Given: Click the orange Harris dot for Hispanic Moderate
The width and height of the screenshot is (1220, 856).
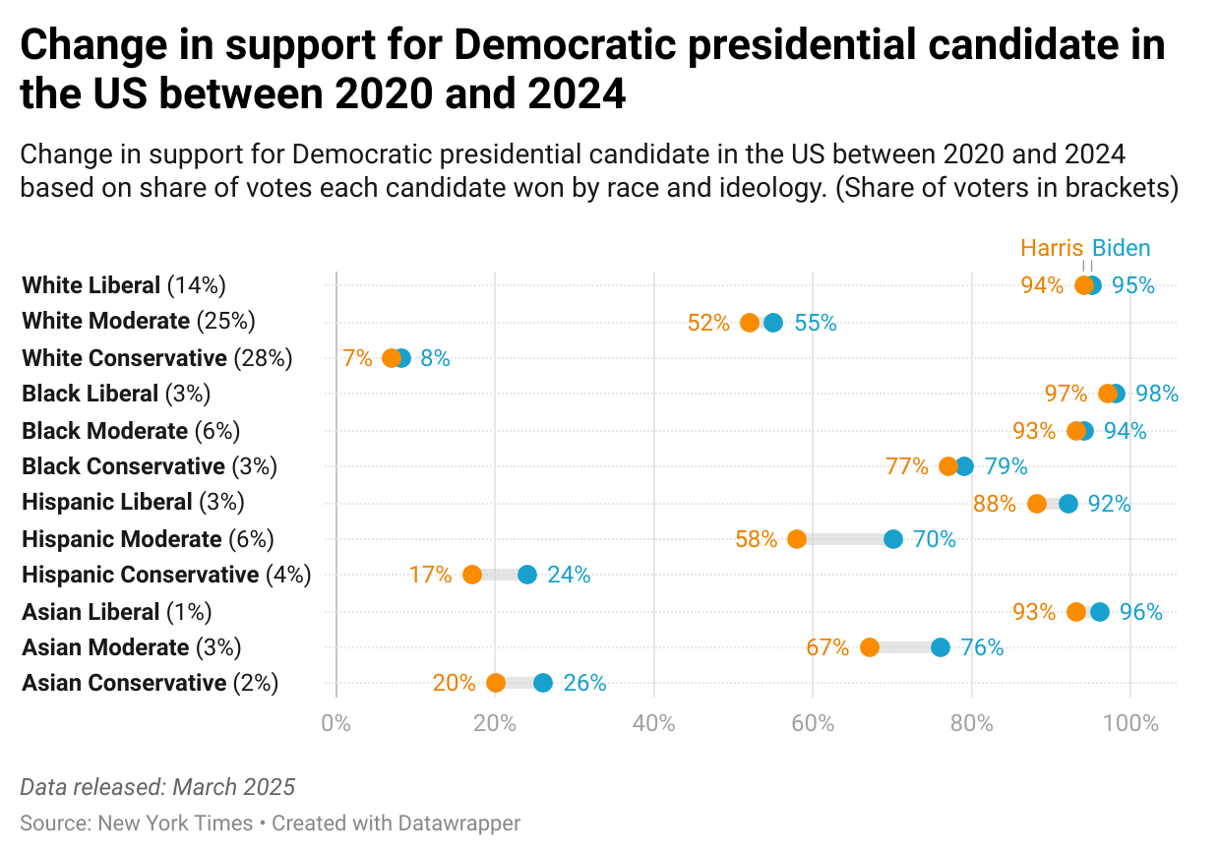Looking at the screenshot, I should [x=797, y=539].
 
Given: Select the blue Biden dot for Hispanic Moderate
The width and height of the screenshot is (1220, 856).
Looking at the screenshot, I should [x=892, y=539].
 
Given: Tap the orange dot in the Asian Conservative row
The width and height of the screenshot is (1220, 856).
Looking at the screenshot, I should [x=496, y=683].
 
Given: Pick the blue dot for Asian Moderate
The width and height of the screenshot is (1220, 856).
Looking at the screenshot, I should [x=941, y=647].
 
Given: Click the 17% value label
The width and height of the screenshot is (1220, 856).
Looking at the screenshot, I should [x=430, y=575].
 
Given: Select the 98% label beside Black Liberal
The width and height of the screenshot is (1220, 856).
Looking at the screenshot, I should [x=1157, y=394].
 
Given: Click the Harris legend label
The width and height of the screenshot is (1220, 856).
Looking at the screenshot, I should [x=1051, y=248].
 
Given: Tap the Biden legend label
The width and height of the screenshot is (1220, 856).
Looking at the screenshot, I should [x=1122, y=248].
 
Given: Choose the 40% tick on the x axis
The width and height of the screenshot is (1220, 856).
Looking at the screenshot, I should [x=654, y=724].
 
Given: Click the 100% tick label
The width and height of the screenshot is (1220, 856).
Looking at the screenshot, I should [x=1130, y=724].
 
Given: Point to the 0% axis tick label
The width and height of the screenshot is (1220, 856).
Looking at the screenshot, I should [x=336, y=724].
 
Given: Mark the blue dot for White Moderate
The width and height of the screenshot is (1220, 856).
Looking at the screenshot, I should [x=773, y=323].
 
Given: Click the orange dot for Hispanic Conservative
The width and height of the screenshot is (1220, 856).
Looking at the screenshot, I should [x=472, y=575].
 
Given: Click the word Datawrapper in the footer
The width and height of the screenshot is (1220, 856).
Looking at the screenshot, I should [x=459, y=823].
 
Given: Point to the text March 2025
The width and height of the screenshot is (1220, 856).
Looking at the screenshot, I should [x=234, y=787].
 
